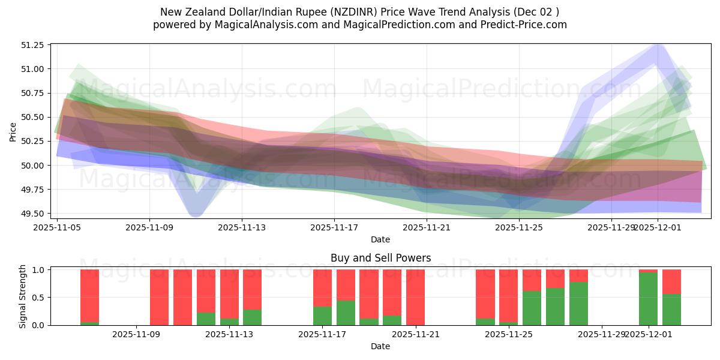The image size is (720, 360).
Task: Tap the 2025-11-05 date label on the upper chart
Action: pyautogui.click(x=57, y=227)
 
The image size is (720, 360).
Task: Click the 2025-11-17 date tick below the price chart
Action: pyautogui.click(x=334, y=227)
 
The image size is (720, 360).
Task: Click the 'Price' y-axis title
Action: pyautogui.click(x=13, y=132)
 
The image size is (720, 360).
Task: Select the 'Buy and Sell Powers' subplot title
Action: pyautogui.click(x=380, y=259)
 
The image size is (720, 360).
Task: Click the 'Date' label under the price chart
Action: pyautogui.click(x=380, y=239)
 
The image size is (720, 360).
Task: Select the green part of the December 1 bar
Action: pyautogui.click(x=648, y=299)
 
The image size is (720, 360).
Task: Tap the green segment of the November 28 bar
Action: pyautogui.click(x=578, y=304)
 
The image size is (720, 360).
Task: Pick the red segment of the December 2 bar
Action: pyautogui.click(x=671, y=281)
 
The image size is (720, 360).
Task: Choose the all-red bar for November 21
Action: pyautogui.click(x=415, y=297)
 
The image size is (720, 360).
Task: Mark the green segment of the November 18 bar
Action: pyautogui.click(x=346, y=313)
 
